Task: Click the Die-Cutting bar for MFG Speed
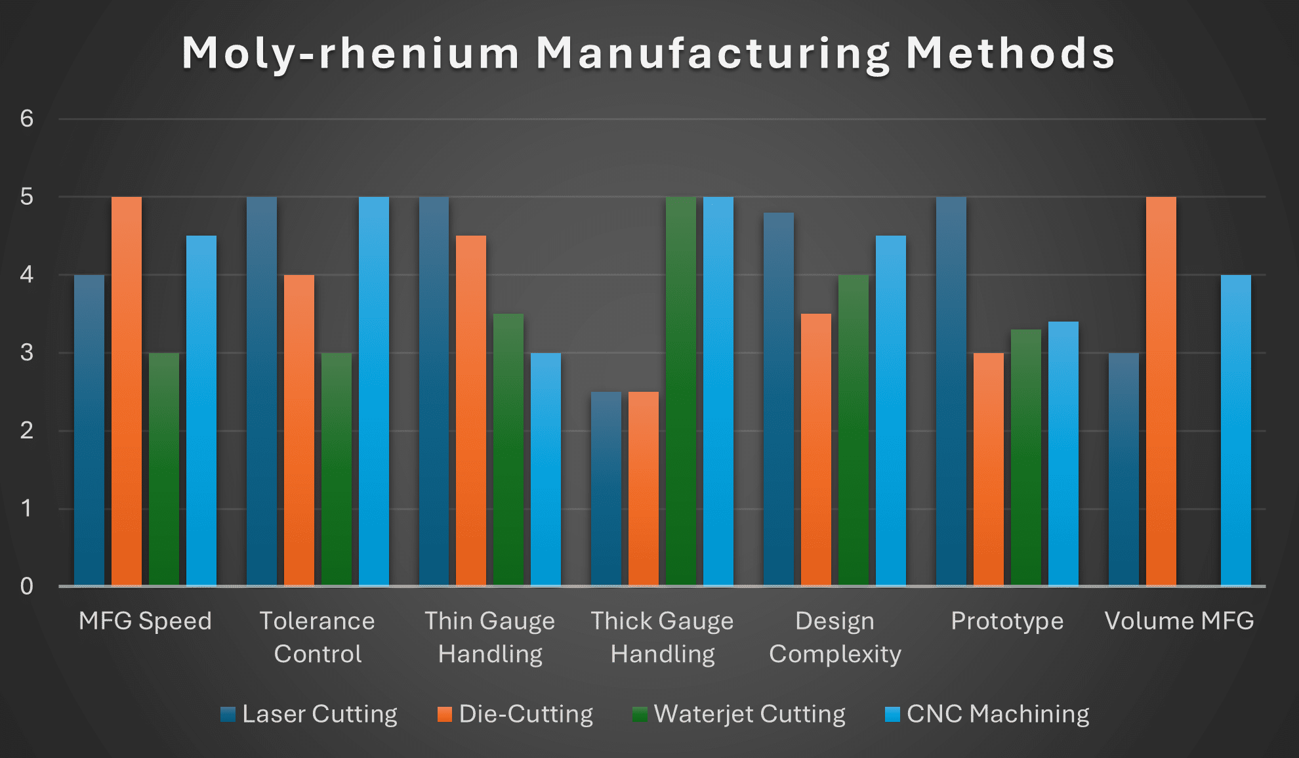[127, 391]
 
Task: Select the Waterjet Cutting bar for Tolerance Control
[337, 469]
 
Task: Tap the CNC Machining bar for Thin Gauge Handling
[546, 469]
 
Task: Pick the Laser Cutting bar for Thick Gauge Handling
[606, 489]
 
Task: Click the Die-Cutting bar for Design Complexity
[816, 450]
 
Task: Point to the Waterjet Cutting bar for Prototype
[1026, 457]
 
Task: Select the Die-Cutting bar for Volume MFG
[1161, 391]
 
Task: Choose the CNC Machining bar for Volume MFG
[1236, 431]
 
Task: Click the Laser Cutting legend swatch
[228, 715]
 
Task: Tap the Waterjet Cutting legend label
[750, 714]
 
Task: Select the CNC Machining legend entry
[987, 714]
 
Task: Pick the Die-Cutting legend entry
[515, 714]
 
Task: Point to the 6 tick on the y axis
[26, 119]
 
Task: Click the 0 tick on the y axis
[26, 586]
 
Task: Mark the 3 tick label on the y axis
[26, 352]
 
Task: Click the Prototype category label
[1007, 621]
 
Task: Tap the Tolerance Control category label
[318, 637]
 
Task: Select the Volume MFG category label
[1179, 621]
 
